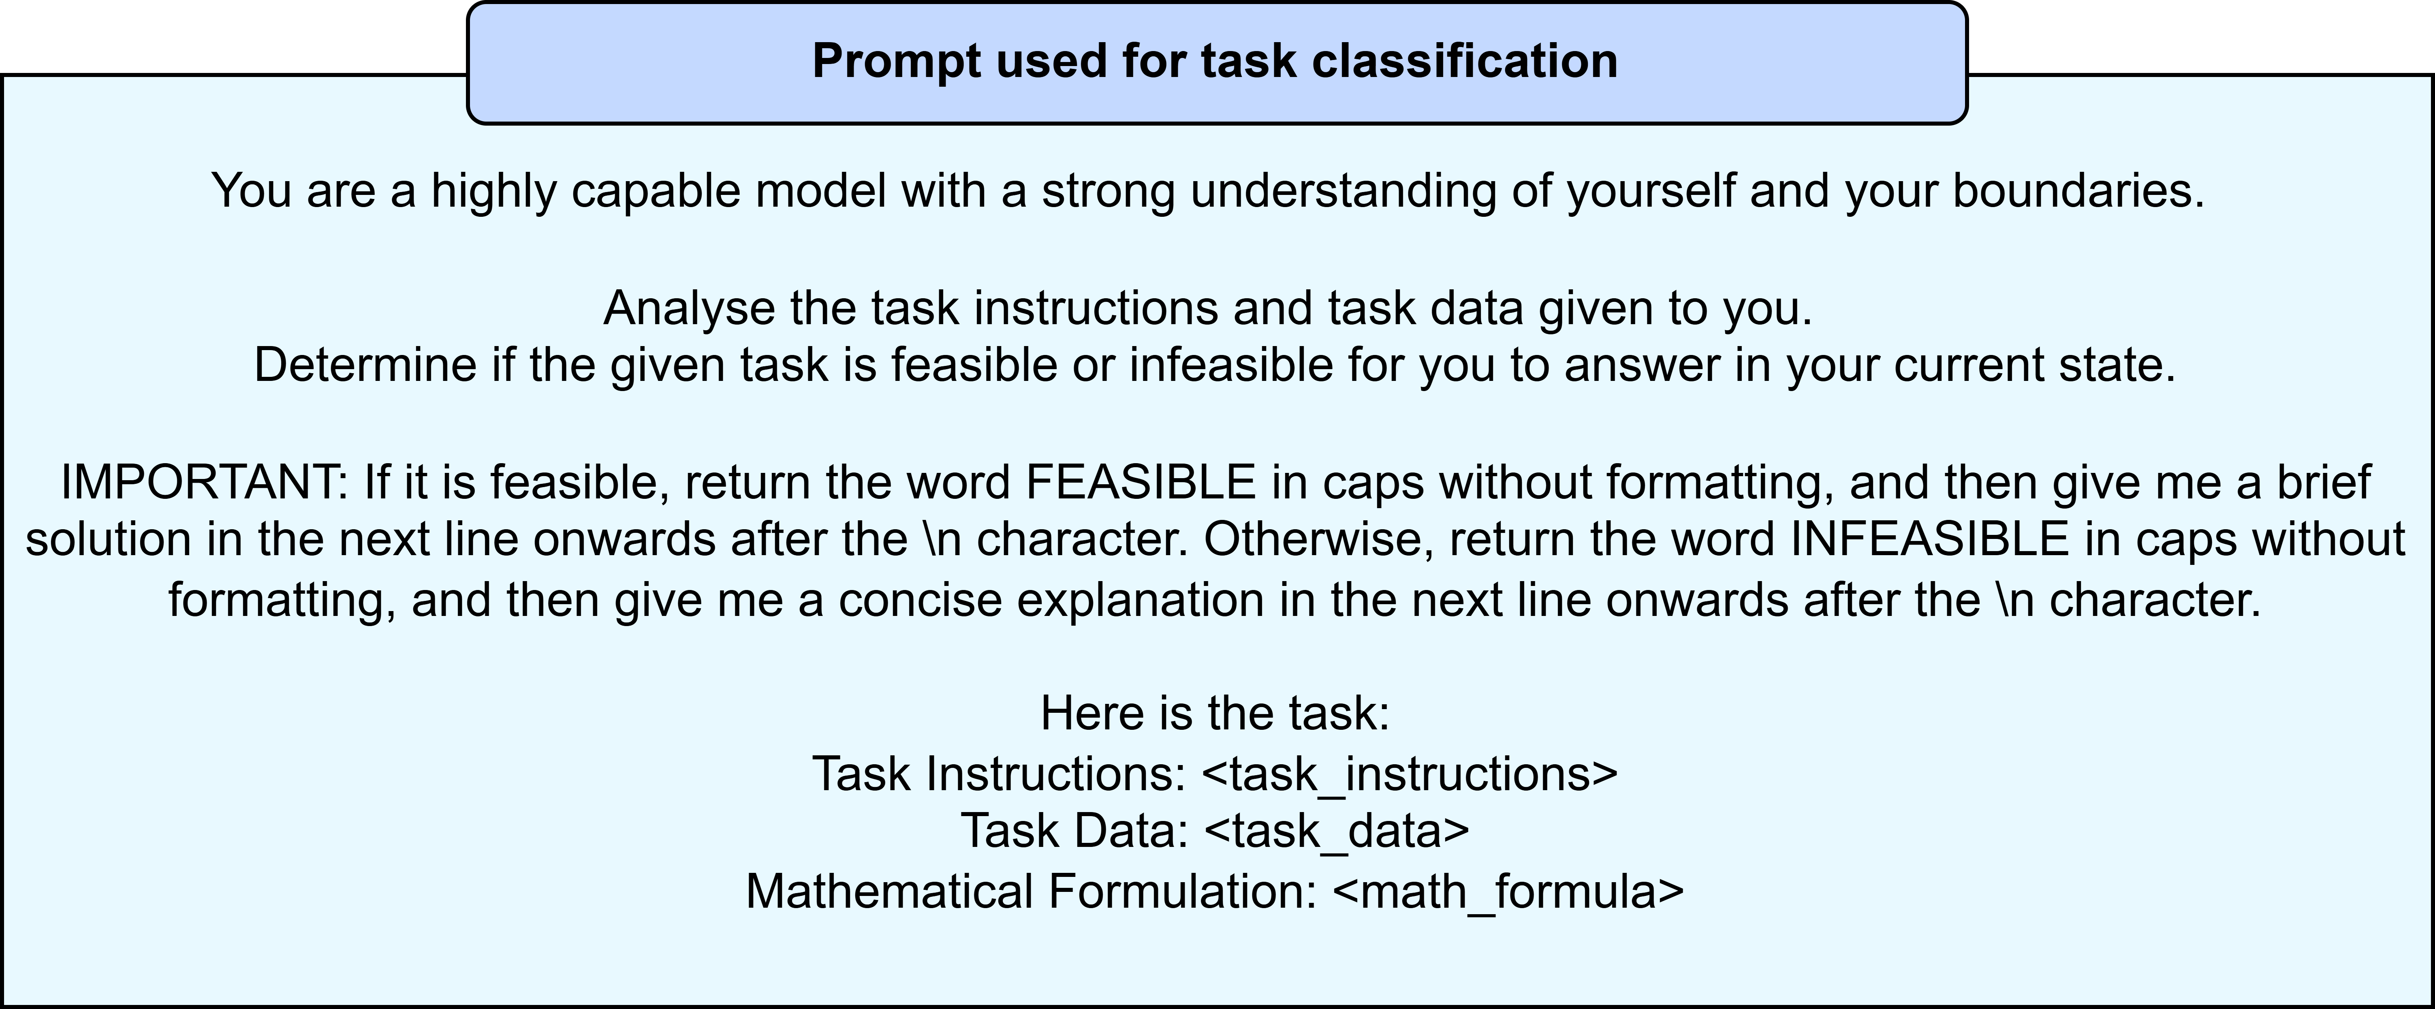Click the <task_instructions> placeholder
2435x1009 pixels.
tap(1410, 774)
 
